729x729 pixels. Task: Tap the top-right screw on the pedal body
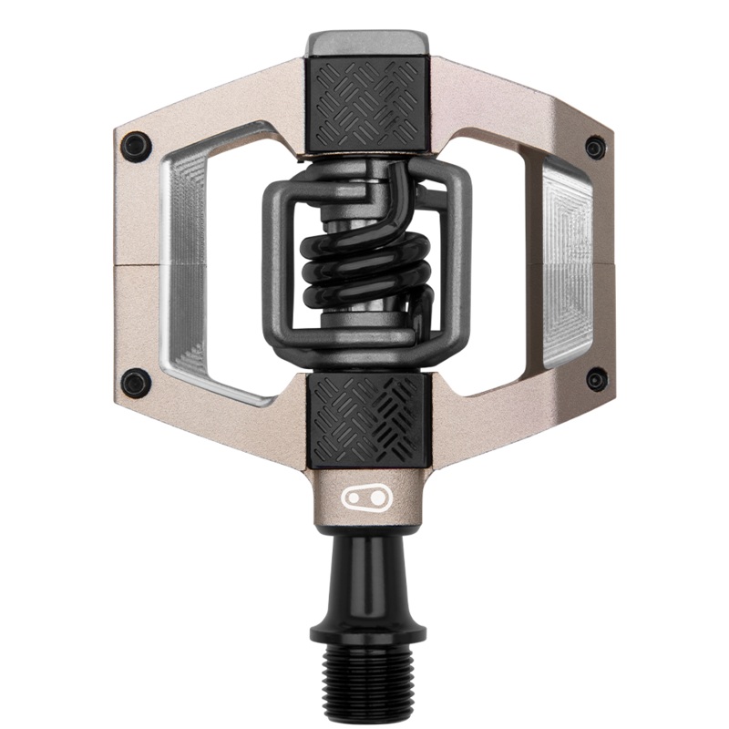595,148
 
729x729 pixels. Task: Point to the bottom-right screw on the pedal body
595,379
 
